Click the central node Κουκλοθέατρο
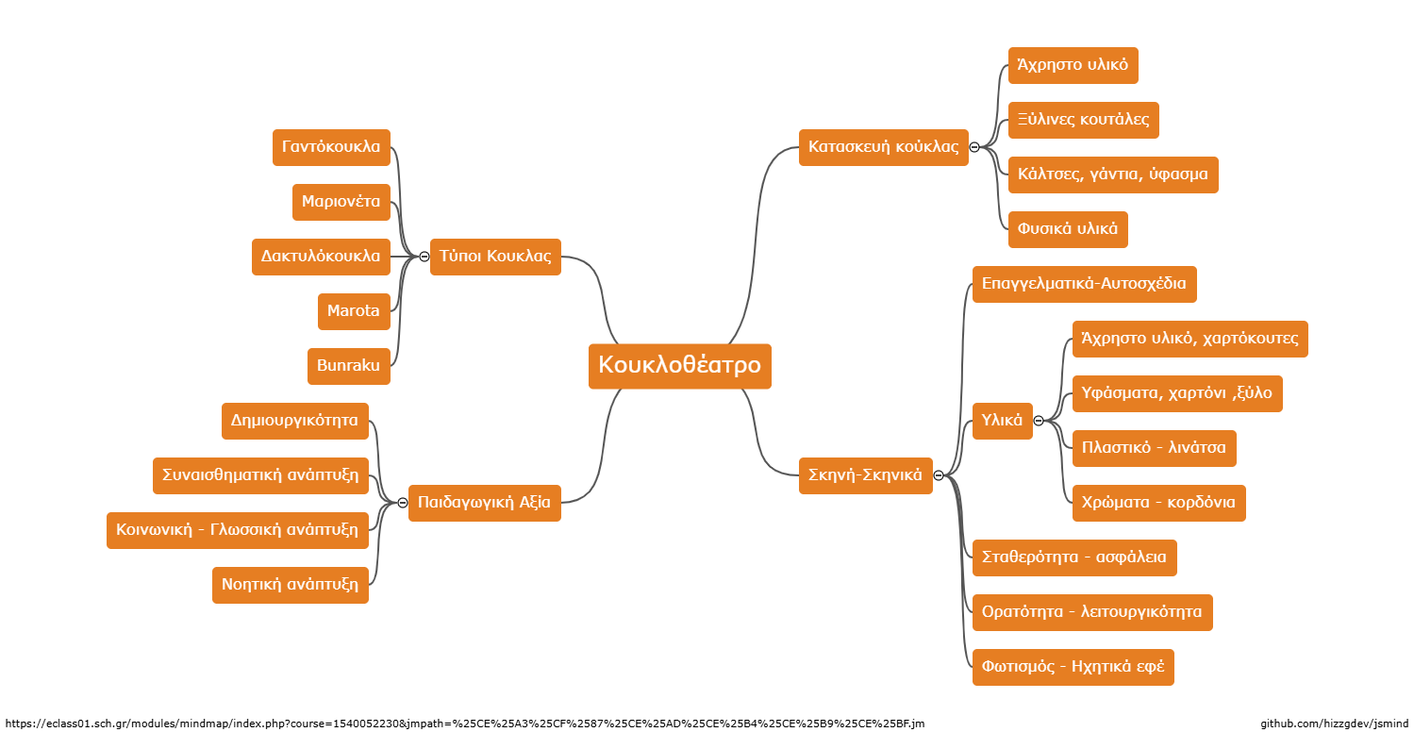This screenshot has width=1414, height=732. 680,366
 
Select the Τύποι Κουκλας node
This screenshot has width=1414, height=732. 495,257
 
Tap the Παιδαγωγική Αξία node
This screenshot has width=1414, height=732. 485,503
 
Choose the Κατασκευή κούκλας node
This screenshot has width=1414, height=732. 884,148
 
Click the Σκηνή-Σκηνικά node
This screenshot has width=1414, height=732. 865,475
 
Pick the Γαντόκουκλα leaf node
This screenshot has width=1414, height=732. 331,148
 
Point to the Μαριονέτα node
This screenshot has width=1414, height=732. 341,202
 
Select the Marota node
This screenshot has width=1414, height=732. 354,311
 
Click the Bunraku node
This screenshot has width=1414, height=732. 349,366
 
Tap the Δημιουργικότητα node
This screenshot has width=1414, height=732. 295,421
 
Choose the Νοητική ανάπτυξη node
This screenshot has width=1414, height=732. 291,585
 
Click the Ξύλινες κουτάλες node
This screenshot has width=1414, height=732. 1084,120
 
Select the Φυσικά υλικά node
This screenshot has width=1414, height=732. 1068,230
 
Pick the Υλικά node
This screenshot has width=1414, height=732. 1003,421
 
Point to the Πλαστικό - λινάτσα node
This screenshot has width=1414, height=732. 1155,448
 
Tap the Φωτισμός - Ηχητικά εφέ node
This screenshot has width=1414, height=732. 1073,667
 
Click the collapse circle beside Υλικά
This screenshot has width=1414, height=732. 1039,421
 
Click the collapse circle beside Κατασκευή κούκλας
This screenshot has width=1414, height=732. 974,148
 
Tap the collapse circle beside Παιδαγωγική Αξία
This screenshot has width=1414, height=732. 403,503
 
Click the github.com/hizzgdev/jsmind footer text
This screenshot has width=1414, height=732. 1335,724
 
